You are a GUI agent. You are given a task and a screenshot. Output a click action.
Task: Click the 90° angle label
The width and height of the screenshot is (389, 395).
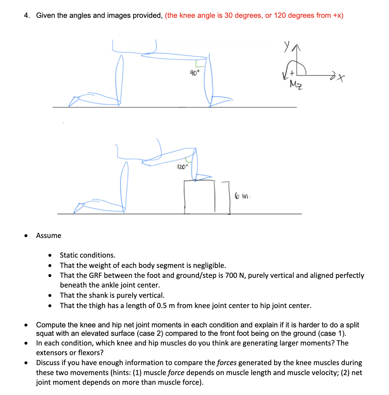(194, 73)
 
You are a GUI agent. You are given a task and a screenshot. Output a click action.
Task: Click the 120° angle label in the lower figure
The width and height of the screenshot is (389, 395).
(182, 167)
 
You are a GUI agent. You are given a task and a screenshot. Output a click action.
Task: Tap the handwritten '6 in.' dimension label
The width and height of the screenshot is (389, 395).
(243, 196)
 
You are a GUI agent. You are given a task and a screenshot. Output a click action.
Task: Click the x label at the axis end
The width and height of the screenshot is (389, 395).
(341, 79)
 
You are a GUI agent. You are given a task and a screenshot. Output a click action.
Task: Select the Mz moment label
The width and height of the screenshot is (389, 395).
(296, 85)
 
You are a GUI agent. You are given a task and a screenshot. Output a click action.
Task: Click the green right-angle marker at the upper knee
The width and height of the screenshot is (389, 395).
(199, 64)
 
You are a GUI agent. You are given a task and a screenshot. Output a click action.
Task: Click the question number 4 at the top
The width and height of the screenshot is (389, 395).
(27, 15)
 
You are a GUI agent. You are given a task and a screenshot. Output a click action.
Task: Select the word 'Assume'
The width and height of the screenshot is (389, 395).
(49, 236)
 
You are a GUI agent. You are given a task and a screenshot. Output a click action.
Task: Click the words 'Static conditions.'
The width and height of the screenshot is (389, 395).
(88, 255)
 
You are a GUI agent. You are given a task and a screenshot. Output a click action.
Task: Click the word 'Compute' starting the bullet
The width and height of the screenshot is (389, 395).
(51, 325)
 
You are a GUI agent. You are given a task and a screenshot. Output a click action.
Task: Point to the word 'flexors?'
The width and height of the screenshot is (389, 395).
(91, 353)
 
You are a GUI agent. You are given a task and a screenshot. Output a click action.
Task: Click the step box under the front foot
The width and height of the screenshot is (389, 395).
(200, 197)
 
